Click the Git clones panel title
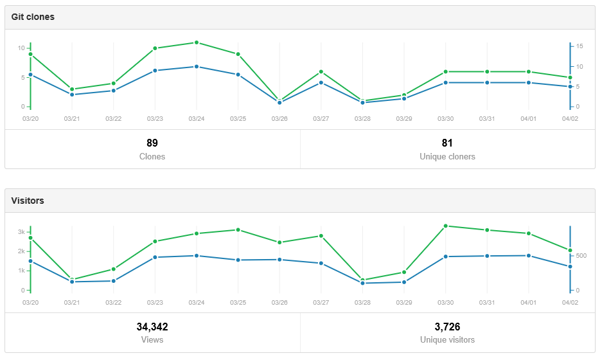[x=33, y=17]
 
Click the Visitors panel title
[x=28, y=201]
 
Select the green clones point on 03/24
[x=197, y=42]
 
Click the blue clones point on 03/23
[x=155, y=71]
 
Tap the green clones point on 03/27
[x=321, y=71]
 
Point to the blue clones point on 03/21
[x=72, y=94]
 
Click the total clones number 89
[x=152, y=143]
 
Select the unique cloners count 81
[x=447, y=143]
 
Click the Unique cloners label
[x=447, y=156]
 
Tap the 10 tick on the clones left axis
[x=21, y=48]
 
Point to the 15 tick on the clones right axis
[x=580, y=46]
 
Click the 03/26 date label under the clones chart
[x=279, y=119]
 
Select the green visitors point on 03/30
[x=446, y=226]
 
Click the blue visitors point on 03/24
[x=197, y=256]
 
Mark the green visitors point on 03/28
[x=362, y=280]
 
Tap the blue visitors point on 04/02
[x=570, y=267]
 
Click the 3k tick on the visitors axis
[x=21, y=232]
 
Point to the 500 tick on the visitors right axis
[x=581, y=256]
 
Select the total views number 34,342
[x=152, y=327]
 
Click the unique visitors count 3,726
[x=447, y=327]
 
